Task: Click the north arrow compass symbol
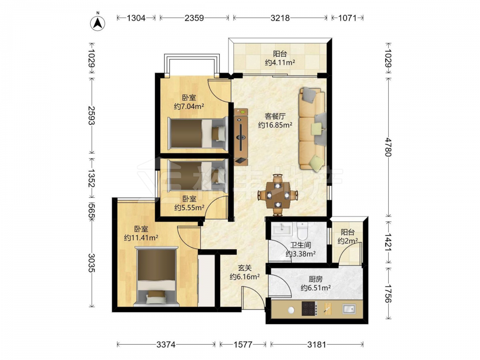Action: click(97, 23)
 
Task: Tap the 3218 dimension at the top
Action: click(280, 18)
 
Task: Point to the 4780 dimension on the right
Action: click(388, 147)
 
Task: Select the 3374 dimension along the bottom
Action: click(166, 345)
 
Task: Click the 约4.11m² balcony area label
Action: click(280, 63)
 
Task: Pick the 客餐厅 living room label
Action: click(275, 116)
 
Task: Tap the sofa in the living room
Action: click(312, 128)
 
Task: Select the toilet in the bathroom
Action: click(303, 230)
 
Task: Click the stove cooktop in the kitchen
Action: click(310, 309)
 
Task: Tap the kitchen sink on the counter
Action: click(349, 309)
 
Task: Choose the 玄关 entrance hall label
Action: click(245, 268)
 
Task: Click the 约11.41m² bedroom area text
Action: click(141, 238)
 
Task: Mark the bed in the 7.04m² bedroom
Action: click(197, 134)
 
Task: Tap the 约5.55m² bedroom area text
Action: click(189, 207)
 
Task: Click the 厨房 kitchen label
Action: click(315, 279)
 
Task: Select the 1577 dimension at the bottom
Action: click(243, 345)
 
